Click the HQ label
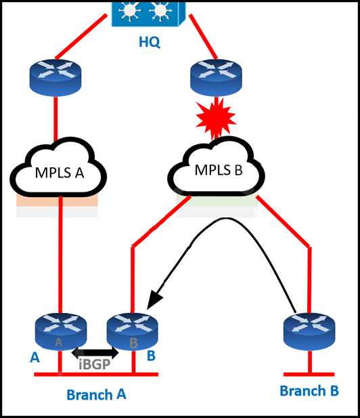pos(150,42)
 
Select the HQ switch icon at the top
pos(148,14)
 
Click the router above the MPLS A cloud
pos(55,78)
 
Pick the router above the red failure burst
pos(217,78)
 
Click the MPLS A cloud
pos(59,167)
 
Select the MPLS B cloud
pos(217,167)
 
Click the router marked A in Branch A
pos(61,332)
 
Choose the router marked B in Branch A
pos(133,332)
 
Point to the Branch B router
pos(309,332)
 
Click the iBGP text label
pos(95,364)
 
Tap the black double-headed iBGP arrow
pos(95,353)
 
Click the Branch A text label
pos(96,394)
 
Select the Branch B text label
pos(309,391)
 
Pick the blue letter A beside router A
pos(35,358)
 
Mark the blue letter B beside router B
pos(152,356)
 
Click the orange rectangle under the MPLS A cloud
pos(57,201)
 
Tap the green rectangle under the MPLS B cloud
pos(217,200)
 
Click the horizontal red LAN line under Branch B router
pos(309,375)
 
